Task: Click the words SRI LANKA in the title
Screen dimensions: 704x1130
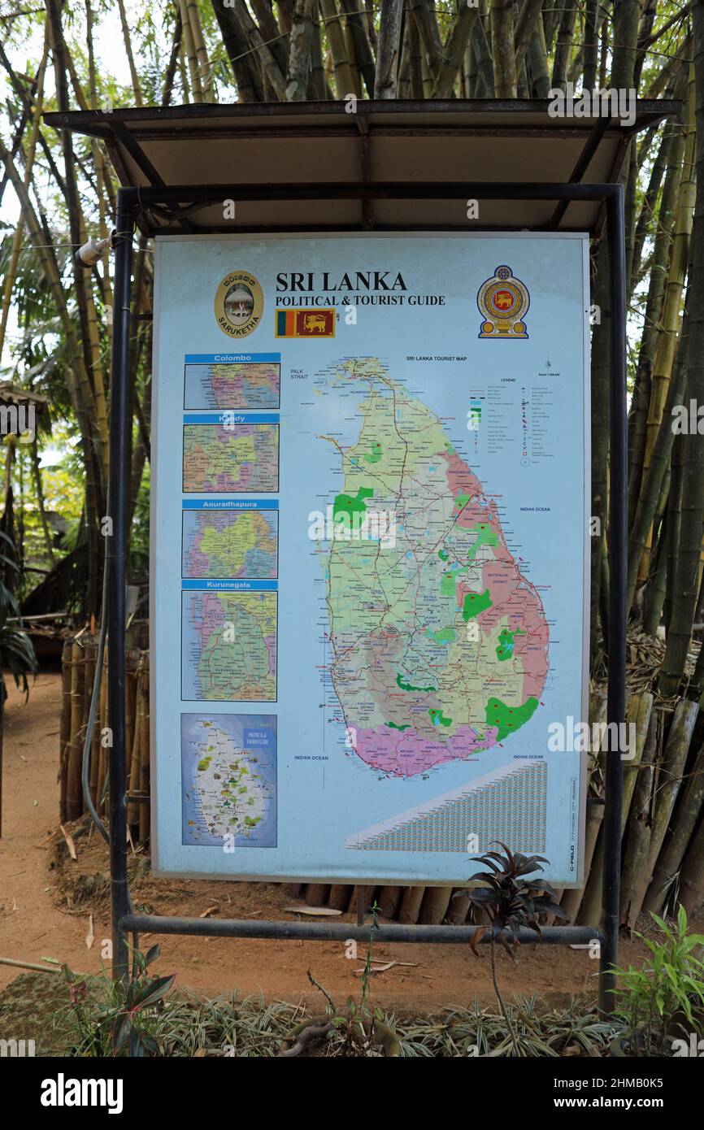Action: (x=341, y=282)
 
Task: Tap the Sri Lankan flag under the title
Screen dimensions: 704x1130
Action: (x=304, y=324)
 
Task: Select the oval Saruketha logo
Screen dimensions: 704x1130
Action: (x=238, y=304)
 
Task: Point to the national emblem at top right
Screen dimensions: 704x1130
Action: (x=503, y=302)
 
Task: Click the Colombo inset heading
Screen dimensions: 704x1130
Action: (x=232, y=358)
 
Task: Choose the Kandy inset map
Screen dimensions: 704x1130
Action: (x=231, y=458)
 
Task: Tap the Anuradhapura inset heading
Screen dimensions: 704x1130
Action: (x=230, y=504)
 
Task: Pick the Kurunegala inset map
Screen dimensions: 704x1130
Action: (x=229, y=645)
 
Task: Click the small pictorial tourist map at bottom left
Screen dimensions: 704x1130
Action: (x=228, y=780)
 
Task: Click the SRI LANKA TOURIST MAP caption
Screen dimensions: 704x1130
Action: (x=436, y=358)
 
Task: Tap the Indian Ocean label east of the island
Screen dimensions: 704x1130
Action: (x=535, y=509)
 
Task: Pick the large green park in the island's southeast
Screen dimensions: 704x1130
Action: (x=511, y=715)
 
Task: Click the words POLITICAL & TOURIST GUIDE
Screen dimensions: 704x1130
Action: (x=359, y=301)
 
